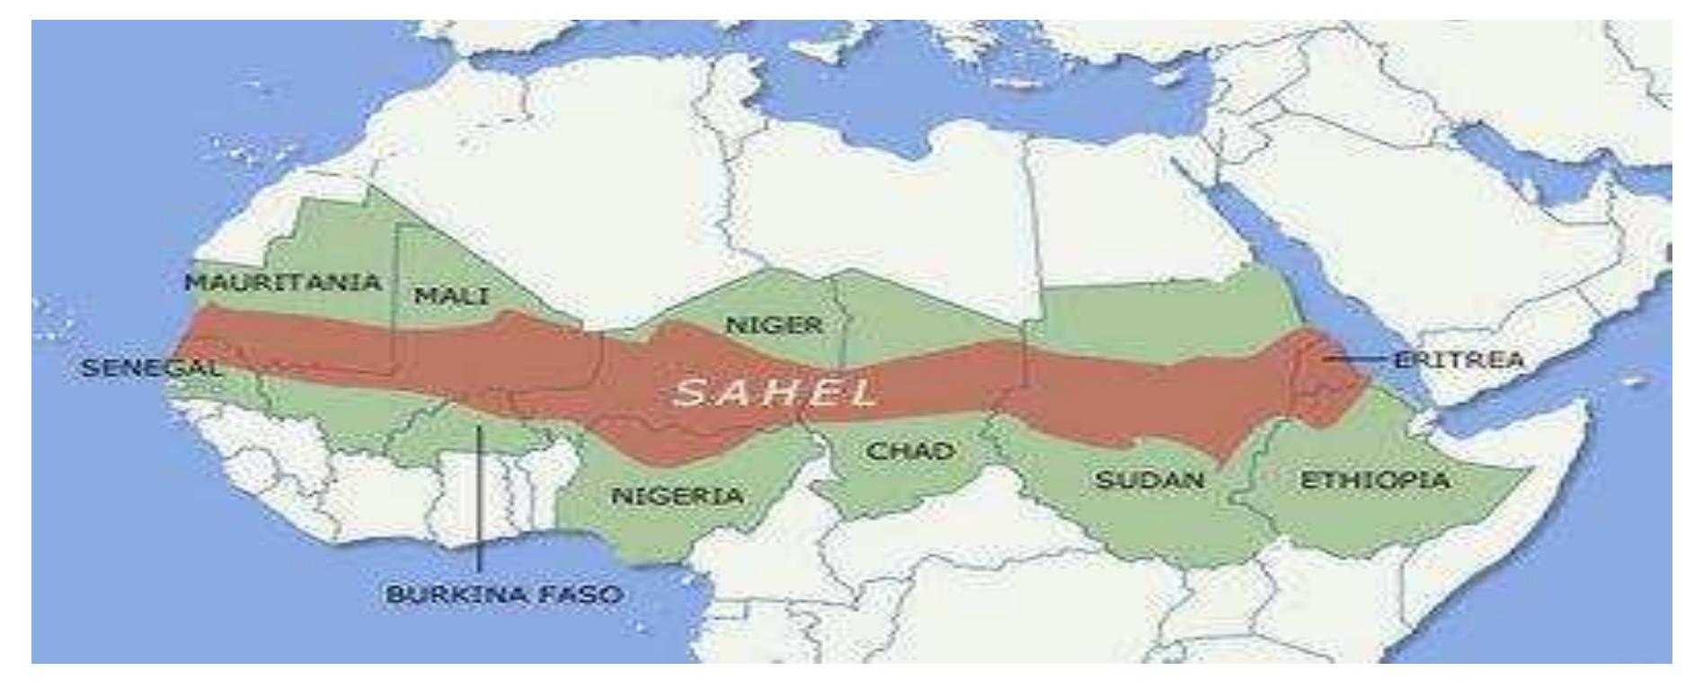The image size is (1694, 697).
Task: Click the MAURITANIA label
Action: pos(283,282)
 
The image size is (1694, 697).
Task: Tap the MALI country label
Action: pos(451,296)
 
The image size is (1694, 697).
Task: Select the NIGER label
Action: pos(774,325)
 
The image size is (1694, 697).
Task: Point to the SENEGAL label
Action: pos(150,367)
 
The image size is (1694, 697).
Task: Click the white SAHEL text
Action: pos(775,393)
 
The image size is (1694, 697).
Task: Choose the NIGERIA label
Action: pos(678,495)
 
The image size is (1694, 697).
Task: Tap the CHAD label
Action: pos(909,451)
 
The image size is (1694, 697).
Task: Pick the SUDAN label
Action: pos(1149,480)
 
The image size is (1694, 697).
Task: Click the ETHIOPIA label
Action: pos(1375,481)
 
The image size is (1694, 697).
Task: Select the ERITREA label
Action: pos(1459,360)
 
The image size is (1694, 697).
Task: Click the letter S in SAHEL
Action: pos(688,393)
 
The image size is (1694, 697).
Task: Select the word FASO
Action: pos(581,595)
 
